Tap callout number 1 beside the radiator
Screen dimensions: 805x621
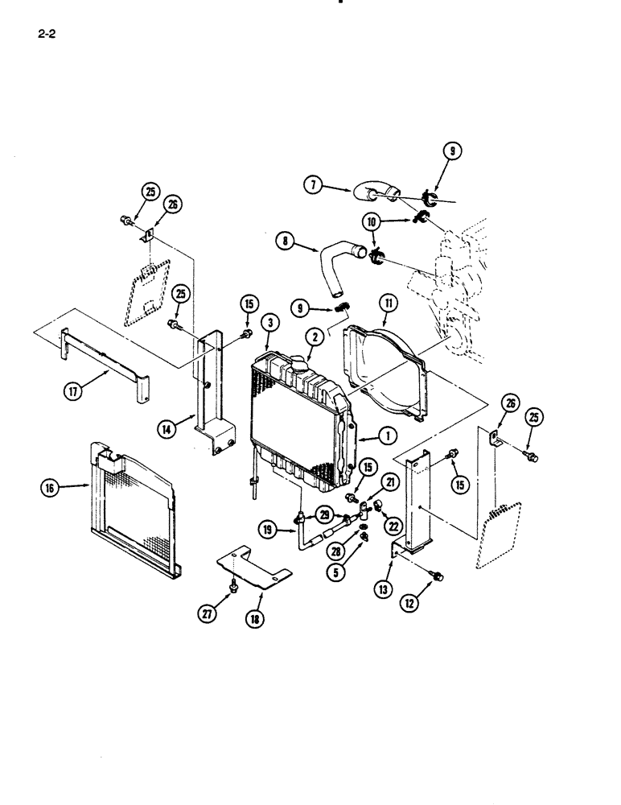click(387, 436)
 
